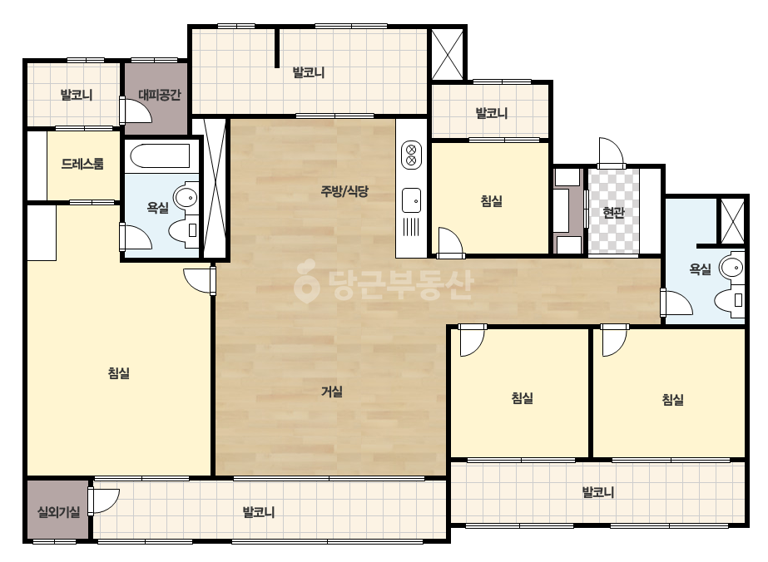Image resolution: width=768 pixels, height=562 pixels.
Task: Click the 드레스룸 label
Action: click(82, 164)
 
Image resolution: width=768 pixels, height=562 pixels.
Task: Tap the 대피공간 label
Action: click(159, 95)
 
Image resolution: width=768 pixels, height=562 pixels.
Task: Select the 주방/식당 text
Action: click(344, 191)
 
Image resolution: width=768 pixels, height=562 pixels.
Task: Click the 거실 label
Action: click(332, 391)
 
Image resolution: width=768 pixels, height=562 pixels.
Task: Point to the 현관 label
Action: click(613, 213)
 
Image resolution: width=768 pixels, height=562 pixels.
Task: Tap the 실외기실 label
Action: click(59, 512)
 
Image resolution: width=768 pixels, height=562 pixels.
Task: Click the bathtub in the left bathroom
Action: click(160, 155)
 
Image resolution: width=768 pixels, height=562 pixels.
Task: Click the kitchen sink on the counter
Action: click(411, 200)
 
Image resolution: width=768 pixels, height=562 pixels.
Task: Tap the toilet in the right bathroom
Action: click(729, 299)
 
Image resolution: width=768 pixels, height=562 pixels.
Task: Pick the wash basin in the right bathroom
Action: click(731, 268)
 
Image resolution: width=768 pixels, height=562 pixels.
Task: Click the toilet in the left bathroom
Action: click(183, 230)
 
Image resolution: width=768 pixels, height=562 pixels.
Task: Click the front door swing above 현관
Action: click(612, 153)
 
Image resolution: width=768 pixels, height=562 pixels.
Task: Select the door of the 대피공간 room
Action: click(136, 110)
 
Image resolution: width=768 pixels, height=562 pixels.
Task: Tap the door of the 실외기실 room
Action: click(103, 500)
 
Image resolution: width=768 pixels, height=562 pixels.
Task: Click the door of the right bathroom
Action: click(676, 303)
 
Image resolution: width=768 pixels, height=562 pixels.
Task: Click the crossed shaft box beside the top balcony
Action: click(447, 54)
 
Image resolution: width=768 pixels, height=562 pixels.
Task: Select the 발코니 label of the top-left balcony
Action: click(77, 95)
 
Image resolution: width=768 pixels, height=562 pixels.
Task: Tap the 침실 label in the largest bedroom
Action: click(118, 373)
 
